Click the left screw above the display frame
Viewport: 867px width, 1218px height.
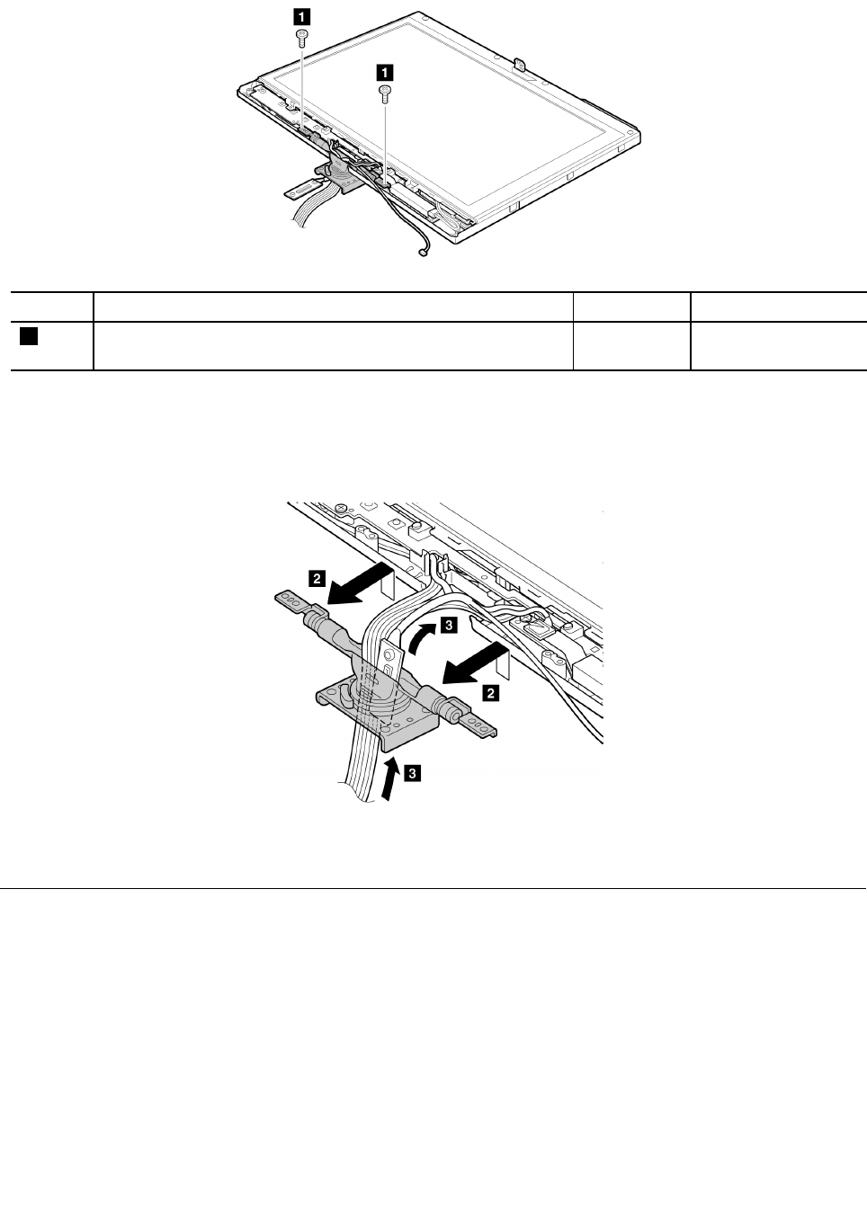(x=301, y=36)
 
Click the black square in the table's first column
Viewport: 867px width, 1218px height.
(x=28, y=336)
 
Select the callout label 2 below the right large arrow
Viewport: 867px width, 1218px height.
(x=492, y=693)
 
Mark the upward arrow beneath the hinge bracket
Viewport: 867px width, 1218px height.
(x=388, y=777)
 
